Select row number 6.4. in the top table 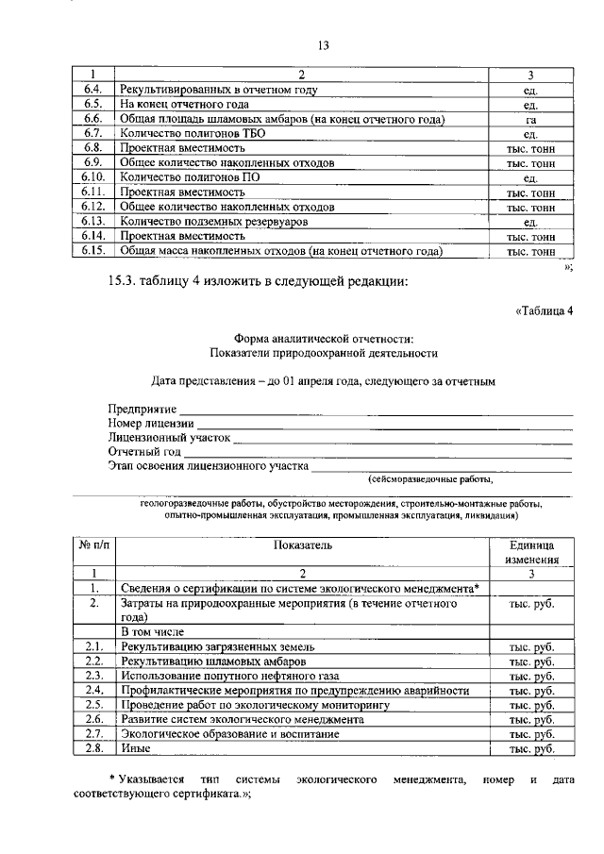[x=92, y=90]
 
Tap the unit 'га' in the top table [x=530, y=119]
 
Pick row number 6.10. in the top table [x=92, y=177]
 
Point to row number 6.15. [x=92, y=251]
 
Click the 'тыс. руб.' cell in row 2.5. [x=530, y=705]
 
